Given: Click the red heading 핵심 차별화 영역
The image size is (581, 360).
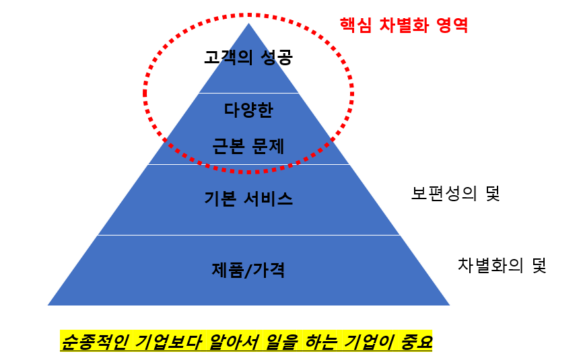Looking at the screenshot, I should [x=404, y=26].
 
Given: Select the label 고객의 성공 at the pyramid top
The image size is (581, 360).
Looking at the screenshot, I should [x=248, y=57].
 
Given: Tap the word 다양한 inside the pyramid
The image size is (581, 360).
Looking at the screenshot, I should [x=248, y=109].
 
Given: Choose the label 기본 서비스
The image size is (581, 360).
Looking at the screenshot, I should [x=248, y=199].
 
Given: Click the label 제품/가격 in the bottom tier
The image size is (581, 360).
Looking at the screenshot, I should [x=248, y=270].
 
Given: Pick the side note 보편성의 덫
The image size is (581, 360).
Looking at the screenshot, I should [x=456, y=194].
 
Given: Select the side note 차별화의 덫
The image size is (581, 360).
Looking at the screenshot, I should [x=501, y=264].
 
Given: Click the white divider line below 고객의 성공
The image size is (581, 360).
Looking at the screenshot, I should [x=248, y=93].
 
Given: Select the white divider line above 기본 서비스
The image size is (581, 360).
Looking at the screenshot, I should [x=248, y=164].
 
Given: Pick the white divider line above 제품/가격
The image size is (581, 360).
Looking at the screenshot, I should [x=248, y=235].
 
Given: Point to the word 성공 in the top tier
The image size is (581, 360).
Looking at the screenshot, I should [x=276, y=57].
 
